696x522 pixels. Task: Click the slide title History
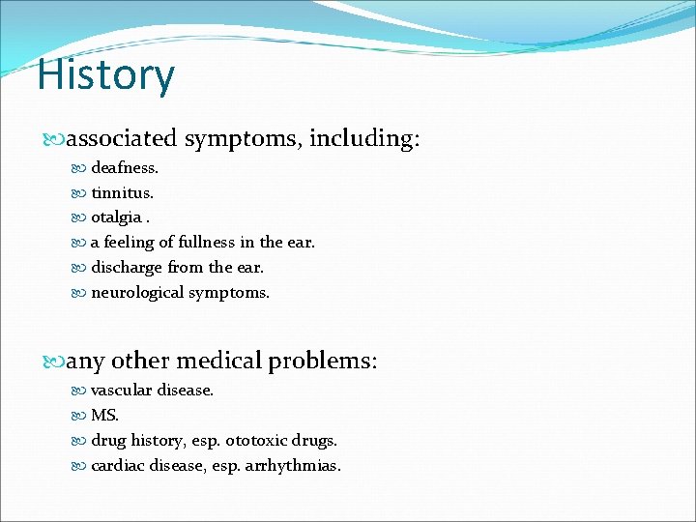[x=106, y=75]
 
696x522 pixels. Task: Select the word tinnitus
[x=122, y=192]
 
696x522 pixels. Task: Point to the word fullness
[x=190, y=243]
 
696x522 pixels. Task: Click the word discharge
[x=126, y=268]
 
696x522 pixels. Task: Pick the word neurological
[x=137, y=293]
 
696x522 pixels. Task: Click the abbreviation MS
[x=103, y=416]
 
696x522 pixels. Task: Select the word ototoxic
[x=254, y=441]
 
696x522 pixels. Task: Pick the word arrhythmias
[x=293, y=466]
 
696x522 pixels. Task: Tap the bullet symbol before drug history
[x=81, y=441]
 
